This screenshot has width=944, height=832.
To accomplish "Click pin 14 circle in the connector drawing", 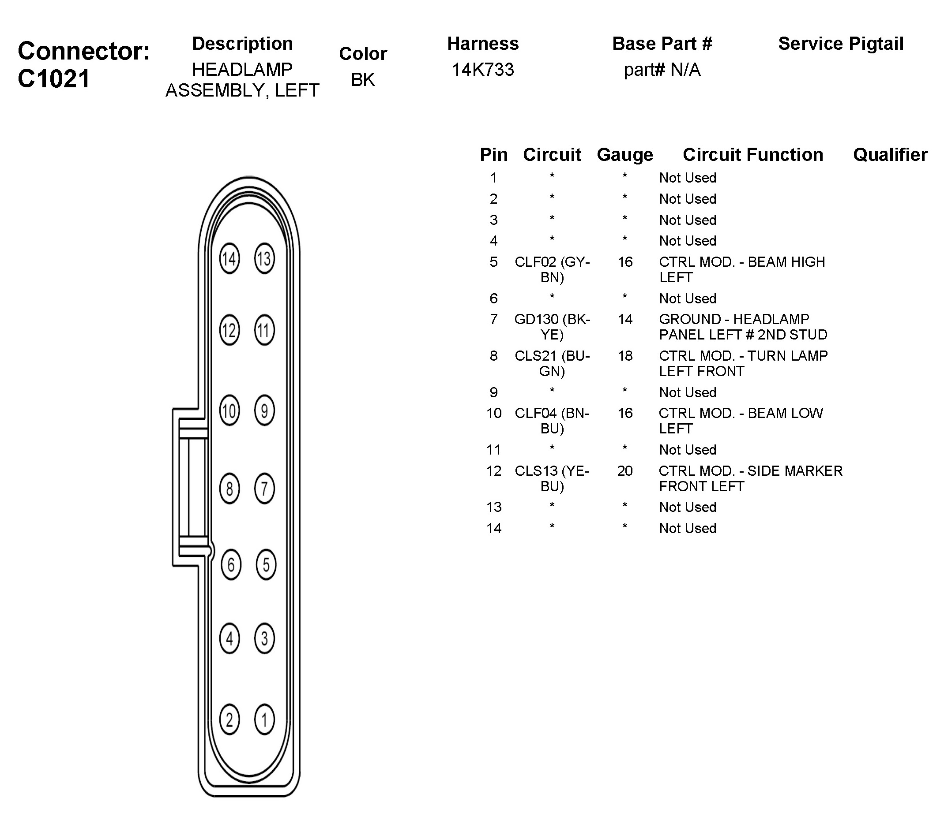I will point(229,259).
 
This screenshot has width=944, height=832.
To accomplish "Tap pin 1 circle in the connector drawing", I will point(264,720).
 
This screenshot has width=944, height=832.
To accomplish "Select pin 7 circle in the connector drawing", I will point(264,488).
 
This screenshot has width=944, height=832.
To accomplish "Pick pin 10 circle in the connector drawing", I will point(229,410).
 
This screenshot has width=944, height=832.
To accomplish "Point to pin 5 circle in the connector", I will point(266,564).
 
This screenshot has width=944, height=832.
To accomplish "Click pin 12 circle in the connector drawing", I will point(229,330).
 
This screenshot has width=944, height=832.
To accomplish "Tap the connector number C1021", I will point(53,79).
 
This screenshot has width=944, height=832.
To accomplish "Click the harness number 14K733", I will point(483,70).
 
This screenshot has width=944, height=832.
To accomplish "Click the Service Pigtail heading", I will point(841,44).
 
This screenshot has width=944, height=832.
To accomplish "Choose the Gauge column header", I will point(625,155).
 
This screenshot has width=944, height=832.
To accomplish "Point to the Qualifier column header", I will point(890,155).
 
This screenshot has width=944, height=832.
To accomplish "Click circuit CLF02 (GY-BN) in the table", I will point(552,269).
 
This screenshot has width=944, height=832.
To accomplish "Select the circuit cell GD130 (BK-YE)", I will point(552,327).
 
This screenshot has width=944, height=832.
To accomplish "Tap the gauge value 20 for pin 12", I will point(625,471).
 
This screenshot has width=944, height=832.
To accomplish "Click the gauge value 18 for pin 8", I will point(625,356).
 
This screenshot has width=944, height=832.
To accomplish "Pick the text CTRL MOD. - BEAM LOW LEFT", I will point(741,421).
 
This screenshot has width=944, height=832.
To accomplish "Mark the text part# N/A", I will point(662,70).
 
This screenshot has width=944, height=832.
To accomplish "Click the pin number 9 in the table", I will point(493,392).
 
